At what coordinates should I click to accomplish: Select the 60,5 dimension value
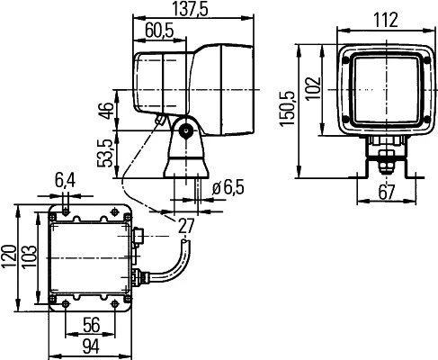pos(159,31)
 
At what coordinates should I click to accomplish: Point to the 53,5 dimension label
pos(106,153)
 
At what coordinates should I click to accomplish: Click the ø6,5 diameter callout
pos(228,188)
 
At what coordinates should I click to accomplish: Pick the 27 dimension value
pos(186,226)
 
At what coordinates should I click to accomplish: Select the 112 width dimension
pos(386,20)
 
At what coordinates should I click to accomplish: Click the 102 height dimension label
pos(314,89)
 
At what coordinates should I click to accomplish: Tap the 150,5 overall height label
pos(287,109)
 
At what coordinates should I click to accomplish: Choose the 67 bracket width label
pos(387,193)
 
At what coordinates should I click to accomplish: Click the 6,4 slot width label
pos(65,181)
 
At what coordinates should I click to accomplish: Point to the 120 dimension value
pos(9,257)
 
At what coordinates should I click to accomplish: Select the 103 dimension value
pos(30,256)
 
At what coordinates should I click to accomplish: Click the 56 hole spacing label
pos(92,326)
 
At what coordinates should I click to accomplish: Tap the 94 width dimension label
pos(91,346)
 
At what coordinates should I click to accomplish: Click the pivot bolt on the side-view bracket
pos(186,131)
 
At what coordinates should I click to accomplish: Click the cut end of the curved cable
pos(185,241)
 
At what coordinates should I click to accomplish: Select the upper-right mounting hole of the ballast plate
pos(114,211)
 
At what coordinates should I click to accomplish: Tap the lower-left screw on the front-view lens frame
pos(346,120)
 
